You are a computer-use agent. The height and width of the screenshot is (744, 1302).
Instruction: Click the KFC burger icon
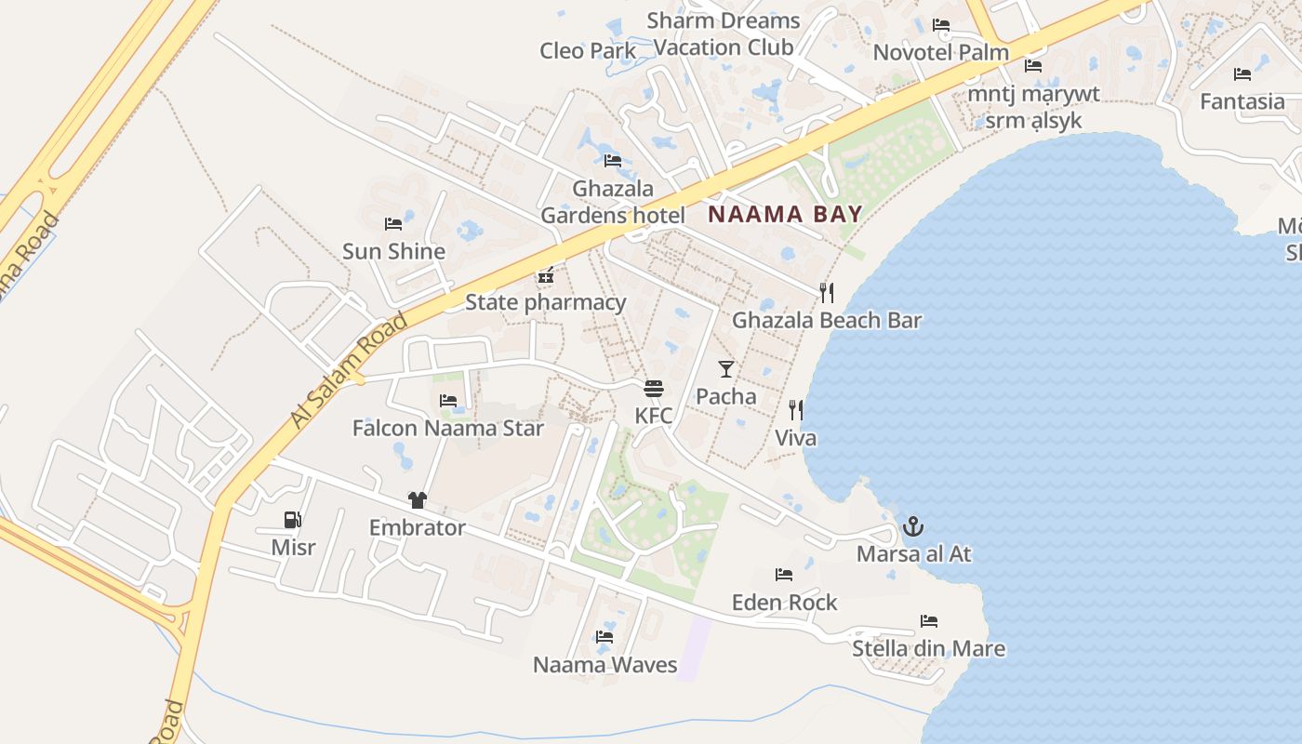pos(654,388)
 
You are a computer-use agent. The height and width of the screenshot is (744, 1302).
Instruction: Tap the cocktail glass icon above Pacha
pos(726,368)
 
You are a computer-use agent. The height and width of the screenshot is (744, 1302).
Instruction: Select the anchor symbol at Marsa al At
pos(913,527)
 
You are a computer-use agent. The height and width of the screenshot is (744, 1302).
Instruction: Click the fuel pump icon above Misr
pos(293,520)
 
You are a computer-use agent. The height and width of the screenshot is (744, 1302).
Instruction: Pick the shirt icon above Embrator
pos(417,500)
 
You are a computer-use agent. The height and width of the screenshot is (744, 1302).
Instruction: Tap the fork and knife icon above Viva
pos(796,410)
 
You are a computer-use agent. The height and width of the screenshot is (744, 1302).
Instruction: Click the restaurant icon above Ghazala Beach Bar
pos(826,293)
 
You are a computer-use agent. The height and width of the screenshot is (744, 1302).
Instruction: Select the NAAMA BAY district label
pos(785,214)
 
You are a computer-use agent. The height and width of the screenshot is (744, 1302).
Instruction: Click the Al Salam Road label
pos(349,370)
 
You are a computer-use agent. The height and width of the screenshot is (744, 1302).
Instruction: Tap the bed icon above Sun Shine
pos(393,224)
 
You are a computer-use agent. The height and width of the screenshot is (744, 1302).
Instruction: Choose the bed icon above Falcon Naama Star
pos(448,401)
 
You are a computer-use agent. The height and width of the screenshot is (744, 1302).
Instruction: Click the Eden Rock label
pos(784,602)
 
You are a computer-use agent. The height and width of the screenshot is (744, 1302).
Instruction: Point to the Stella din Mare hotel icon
pos(928,620)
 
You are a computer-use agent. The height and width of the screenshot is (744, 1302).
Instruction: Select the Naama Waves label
pos(604,664)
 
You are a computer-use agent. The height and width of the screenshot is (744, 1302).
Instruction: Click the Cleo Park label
pos(588,50)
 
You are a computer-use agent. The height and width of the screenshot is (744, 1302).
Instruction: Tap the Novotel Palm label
pos(940,52)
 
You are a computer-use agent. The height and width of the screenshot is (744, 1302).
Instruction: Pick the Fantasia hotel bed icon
pos(1242,74)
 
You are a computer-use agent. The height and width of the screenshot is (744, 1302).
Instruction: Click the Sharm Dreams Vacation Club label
pos(724,33)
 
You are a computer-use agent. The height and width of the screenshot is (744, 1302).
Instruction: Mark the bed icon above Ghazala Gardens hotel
pos(612,161)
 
